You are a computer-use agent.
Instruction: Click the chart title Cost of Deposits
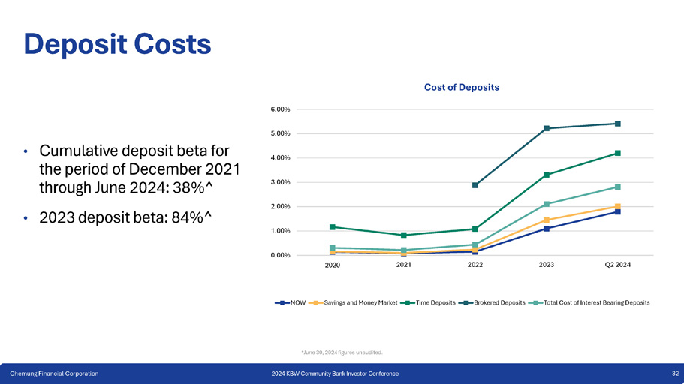tap(462, 87)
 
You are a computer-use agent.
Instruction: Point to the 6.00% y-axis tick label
tap(280, 109)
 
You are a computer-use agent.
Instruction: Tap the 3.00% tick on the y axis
tap(280, 182)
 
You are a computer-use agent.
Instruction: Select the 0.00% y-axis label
tap(280, 255)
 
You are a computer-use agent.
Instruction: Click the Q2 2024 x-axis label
tap(617, 265)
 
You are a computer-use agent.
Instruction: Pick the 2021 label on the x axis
tap(403, 265)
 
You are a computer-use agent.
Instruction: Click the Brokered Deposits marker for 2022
tap(475, 185)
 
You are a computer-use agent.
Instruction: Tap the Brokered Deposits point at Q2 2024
tap(617, 124)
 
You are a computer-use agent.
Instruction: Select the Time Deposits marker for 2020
tap(333, 226)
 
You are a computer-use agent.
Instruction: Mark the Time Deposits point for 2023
tap(547, 175)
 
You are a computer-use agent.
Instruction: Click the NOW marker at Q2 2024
tap(617, 211)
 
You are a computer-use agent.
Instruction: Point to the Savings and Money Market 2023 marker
tap(547, 220)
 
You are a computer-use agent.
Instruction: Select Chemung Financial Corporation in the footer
tap(53, 373)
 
